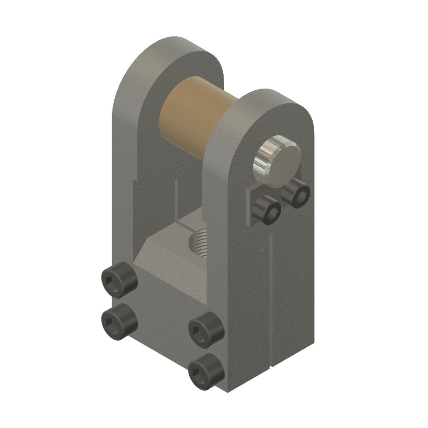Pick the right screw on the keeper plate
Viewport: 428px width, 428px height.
pyautogui.click(x=296, y=194)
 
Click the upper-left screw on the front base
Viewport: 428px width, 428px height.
pyautogui.click(x=119, y=280)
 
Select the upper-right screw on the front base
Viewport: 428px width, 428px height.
pyautogui.click(x=206, y=331)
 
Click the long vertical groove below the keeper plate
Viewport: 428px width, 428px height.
pyautogui.click(x=272, y=301)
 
